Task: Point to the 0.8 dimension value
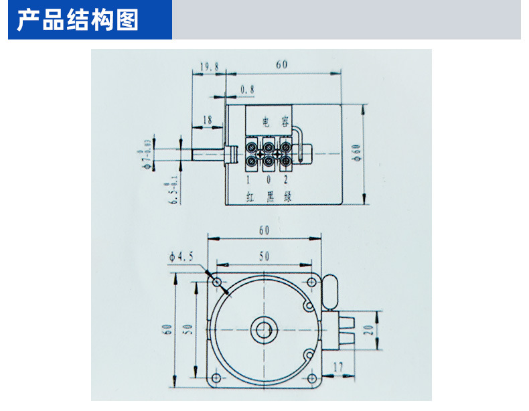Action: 247,89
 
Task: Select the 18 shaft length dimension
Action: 207,120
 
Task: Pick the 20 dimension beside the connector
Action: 367,330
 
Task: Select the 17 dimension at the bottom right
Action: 337,367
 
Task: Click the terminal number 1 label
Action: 248,180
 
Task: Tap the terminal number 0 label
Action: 268,180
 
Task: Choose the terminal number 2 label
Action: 286,180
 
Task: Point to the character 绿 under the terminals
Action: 287,196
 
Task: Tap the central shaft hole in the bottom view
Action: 261,330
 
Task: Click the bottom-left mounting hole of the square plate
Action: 215,378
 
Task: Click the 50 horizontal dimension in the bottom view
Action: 264,256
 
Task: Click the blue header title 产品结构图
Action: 78,21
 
